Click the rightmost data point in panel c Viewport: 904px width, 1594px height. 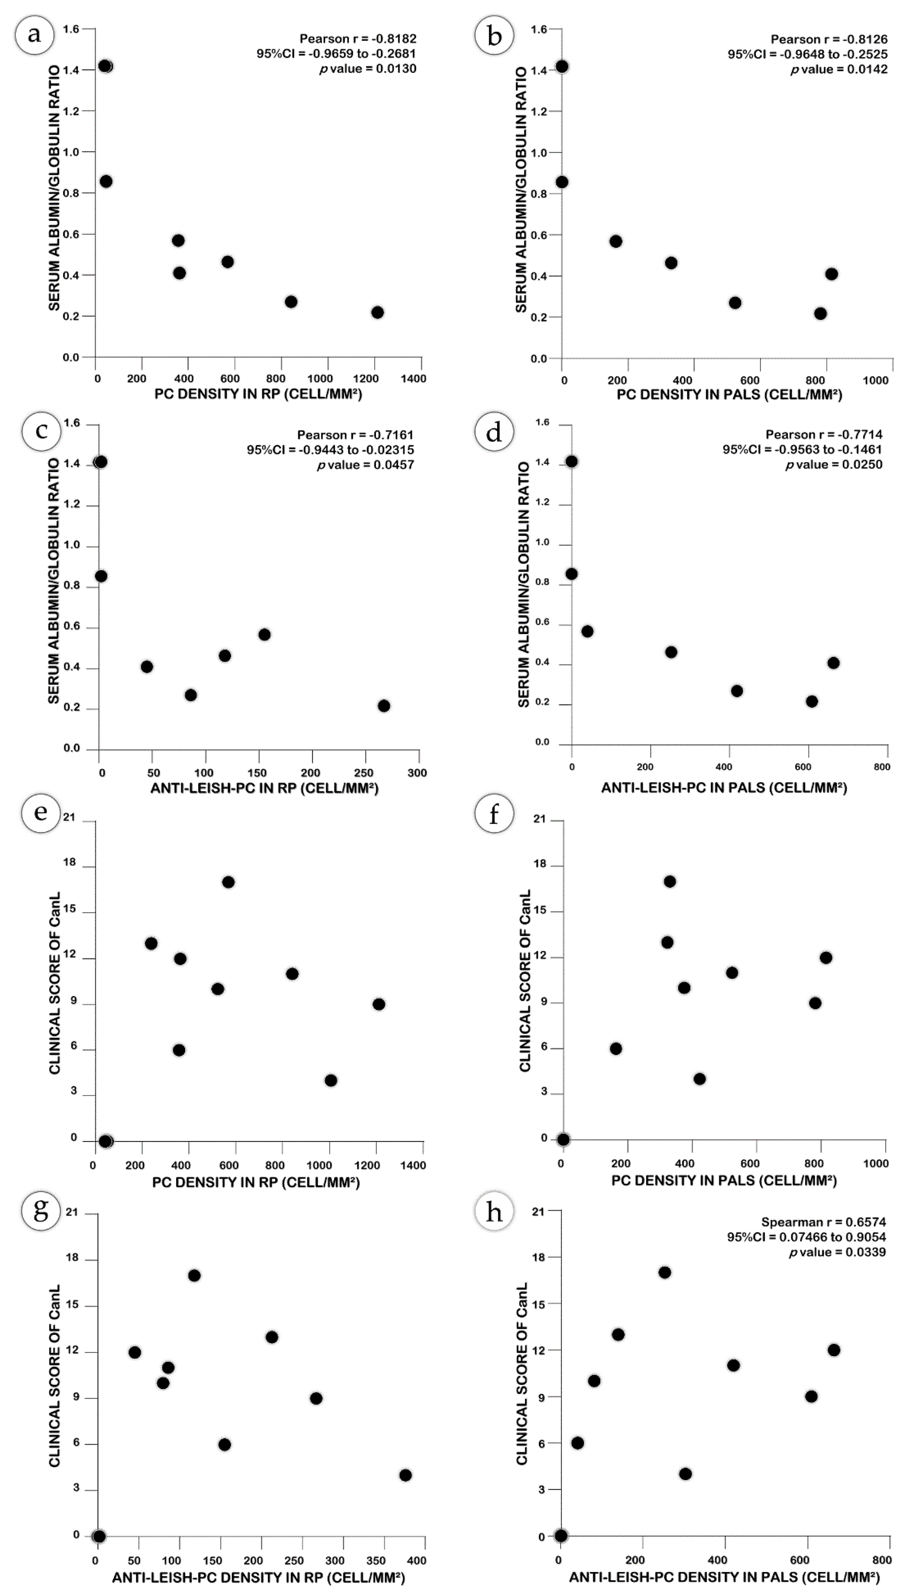click(384, 706)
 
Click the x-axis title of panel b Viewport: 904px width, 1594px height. click(729, 395)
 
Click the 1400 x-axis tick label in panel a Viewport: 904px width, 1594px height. click(414, 378)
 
